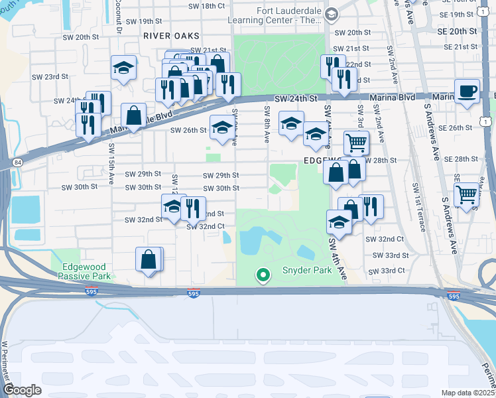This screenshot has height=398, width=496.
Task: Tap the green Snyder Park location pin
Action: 263,274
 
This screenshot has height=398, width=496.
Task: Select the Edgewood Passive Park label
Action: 84,271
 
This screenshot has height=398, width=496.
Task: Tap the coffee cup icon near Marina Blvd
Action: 467,92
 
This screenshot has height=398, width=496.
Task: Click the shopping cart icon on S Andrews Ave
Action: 467,194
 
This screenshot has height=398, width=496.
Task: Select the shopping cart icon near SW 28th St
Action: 356,141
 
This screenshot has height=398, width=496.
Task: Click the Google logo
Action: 23,390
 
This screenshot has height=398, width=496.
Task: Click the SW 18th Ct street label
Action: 207,6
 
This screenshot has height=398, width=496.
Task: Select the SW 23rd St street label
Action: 50,77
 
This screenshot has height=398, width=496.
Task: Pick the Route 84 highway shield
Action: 15,162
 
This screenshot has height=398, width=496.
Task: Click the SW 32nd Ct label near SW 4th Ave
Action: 387,239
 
